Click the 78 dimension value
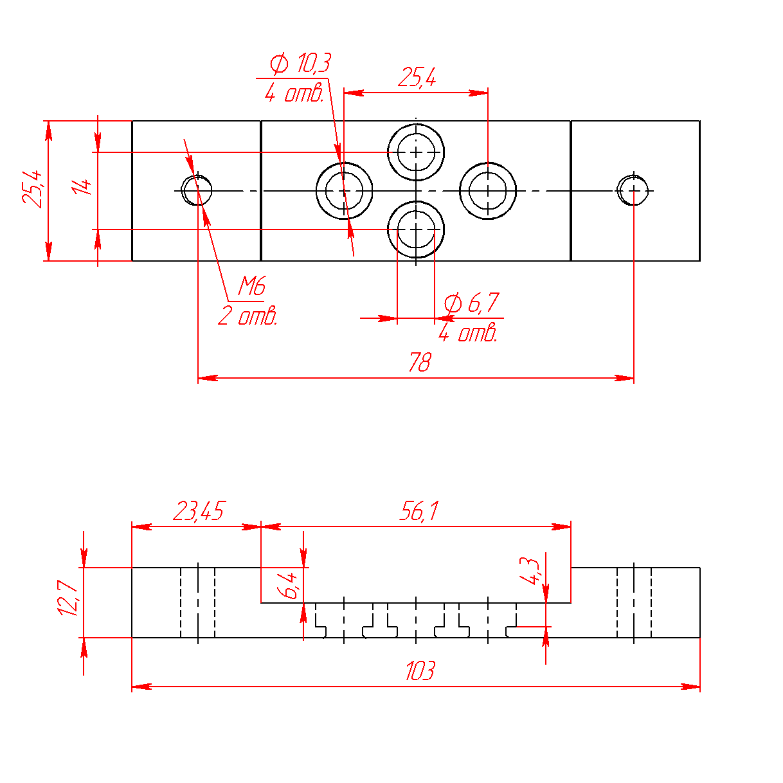(420, 363)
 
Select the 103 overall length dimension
(420, 671)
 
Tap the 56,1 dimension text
(419, 512)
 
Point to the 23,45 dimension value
(198, 512)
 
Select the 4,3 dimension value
(530, 570)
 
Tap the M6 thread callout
(251, 286)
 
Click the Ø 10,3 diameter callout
(300, 64)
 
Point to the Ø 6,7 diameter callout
(472, 302)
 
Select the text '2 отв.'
(248, 316)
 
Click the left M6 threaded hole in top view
(197, 191)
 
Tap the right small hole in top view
(633, 191)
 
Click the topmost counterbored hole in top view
(416, 152)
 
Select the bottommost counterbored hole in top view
(416, 229)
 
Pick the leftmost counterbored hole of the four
(344, 191)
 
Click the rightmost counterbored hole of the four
(488, 191)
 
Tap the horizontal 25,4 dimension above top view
(417, 78)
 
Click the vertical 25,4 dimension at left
(33, 188)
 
